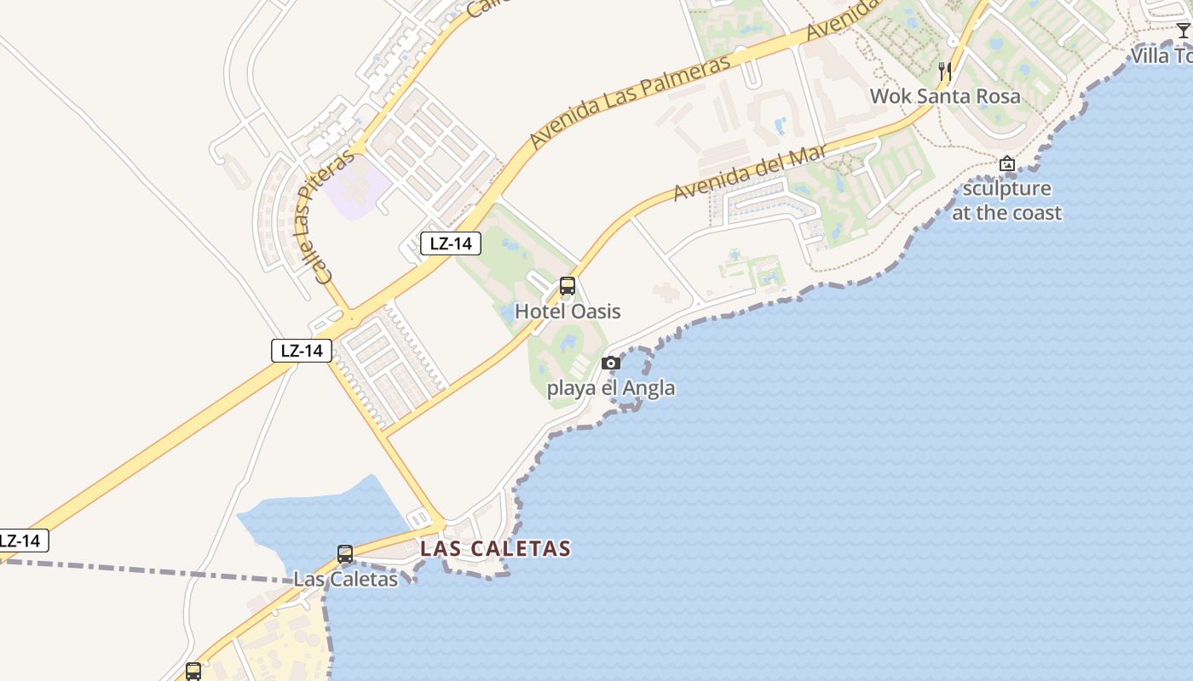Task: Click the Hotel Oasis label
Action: point(568,312)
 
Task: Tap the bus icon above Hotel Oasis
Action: point(568,287)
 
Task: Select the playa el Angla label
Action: point(610,388)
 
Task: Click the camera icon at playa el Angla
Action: point(610,363)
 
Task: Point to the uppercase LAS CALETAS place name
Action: point(495,549)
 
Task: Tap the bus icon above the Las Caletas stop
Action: point(345,554)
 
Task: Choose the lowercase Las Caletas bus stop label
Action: point(345,579)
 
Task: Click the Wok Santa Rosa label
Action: point(944,96)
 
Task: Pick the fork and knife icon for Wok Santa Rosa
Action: point(944,72)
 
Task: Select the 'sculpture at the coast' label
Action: point(1006,201)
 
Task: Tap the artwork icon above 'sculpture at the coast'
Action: point(1007,163)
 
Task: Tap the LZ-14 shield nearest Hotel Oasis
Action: point(451,243)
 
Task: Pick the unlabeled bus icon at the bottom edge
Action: point(193,672)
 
